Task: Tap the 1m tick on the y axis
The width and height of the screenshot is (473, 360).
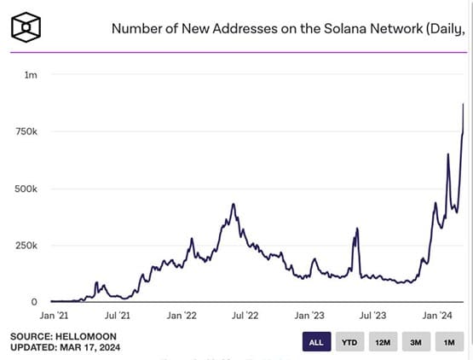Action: point(30,76)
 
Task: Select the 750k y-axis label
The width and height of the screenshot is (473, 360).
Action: point(25,132)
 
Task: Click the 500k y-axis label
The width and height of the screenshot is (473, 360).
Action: point(25,189)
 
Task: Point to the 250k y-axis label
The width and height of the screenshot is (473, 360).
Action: point(25,246)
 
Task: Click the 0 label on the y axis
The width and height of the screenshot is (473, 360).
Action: point(33,302)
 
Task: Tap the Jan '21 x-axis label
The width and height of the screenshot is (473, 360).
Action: point(52,315)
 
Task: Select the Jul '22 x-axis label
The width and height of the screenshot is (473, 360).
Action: point(247,315)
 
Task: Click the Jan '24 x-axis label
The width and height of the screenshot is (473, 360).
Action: point(441,315)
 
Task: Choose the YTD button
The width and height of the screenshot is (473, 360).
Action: point(349,342)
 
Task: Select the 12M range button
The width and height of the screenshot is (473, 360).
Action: point(381,342)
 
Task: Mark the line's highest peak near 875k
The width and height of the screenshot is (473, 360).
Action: point(463,104)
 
